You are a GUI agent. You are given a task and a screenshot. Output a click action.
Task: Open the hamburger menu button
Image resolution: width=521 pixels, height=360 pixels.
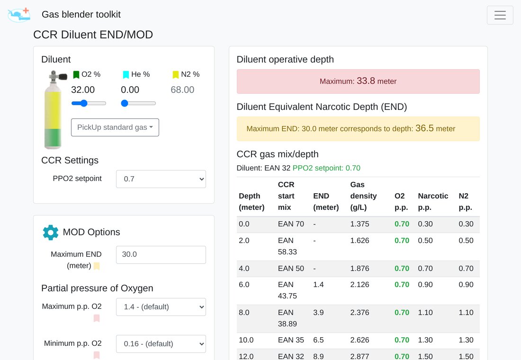coord(500,15)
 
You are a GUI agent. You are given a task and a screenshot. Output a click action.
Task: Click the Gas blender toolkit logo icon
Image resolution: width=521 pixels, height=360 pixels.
coord(19,15)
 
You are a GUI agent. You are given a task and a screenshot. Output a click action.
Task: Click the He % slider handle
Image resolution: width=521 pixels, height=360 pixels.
coord(125,103)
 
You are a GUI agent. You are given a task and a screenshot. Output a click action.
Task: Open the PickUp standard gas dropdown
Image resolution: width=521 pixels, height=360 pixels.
coord(115,127)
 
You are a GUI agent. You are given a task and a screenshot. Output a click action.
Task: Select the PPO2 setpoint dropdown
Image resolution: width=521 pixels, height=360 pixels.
coord(161,179)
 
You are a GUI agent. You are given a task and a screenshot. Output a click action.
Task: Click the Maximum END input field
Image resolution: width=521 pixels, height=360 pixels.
coord(161,255)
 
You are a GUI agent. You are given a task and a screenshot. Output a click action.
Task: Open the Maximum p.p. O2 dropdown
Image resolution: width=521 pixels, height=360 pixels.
coord(161,307)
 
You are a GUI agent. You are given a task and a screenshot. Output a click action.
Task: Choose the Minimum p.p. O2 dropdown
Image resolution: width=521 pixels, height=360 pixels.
coord(161,344)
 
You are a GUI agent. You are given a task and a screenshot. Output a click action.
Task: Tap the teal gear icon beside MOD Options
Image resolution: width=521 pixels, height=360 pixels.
coord(51,233)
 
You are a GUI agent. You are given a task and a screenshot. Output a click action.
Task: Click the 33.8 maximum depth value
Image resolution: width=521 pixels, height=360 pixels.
coord(366,81)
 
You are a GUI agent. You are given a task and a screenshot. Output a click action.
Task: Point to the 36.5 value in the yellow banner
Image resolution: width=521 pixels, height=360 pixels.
coord(424,128)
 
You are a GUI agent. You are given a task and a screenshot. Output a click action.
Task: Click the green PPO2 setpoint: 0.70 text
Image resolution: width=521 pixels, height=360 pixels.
coord(326,168)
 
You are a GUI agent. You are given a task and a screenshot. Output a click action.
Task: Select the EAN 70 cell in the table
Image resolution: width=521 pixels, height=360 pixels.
coord(291,224)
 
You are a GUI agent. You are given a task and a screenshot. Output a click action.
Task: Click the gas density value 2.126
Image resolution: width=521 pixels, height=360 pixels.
coord(359,285)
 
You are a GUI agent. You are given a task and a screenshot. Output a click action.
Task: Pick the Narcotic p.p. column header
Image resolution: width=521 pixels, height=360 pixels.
coord(433,201)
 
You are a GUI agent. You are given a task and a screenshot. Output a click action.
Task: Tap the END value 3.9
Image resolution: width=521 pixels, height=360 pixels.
coord(318,313)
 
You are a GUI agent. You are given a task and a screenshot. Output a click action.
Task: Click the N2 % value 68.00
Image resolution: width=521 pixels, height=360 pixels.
coord(182,90)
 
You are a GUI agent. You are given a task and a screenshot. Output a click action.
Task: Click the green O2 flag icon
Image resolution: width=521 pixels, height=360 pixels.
coord(76,75)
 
